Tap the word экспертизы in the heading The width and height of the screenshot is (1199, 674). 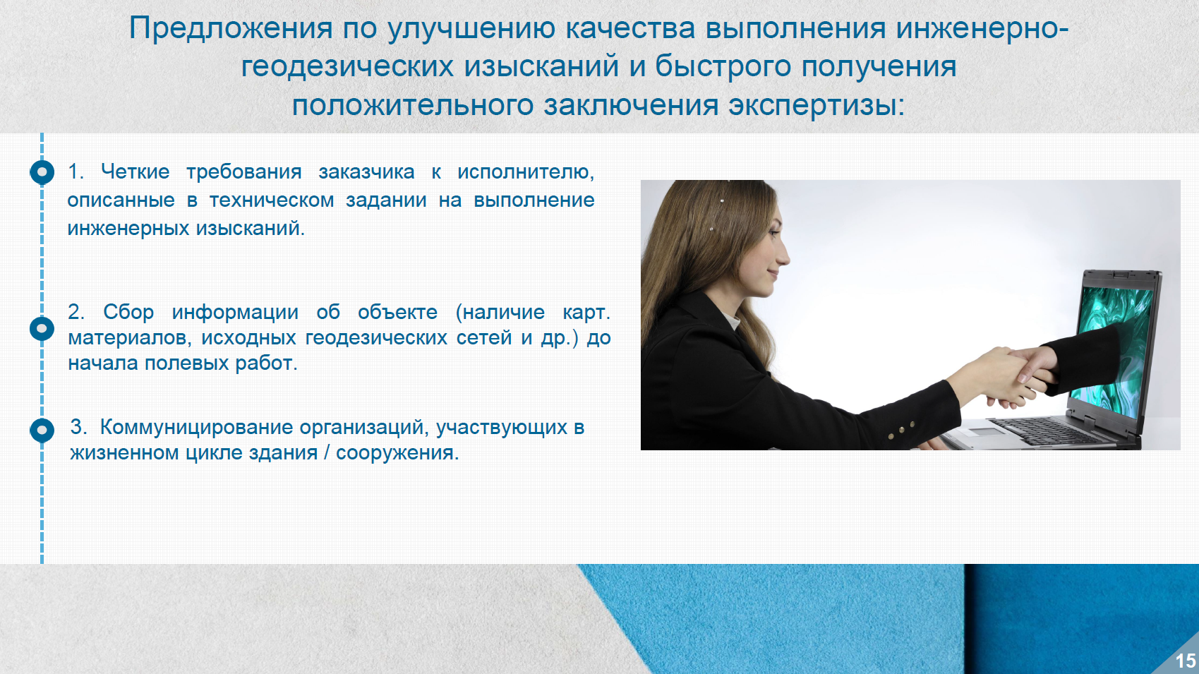tap(817, 105)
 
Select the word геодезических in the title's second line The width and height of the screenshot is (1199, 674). tap(347, 66)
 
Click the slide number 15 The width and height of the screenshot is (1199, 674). tap(1185, 661)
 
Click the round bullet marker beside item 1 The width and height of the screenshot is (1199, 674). tap(42, 172)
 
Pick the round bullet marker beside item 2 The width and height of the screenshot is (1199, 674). tap(42, 328)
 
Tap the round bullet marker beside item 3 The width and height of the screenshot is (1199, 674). tap(42, 430)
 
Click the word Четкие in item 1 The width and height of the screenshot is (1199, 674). tap(135, 171)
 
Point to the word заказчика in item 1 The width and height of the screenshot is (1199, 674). tap(366, 172)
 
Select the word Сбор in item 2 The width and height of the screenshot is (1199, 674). tap(128, 311)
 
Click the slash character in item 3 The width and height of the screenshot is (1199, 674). tap(327, 452)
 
